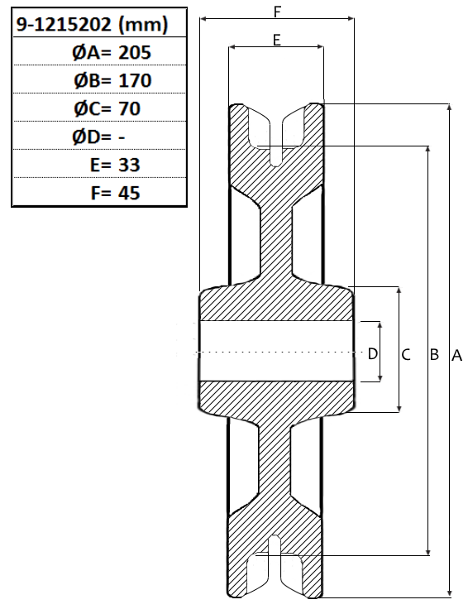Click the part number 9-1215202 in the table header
point(64,25)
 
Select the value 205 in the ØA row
point(135,52)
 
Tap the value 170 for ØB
point(135,80)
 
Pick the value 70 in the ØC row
point(129,108)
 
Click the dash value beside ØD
point(122,137)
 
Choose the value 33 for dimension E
point(129,165)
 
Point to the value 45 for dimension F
point(129,193)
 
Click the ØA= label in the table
point(92,52)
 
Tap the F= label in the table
point(101,193)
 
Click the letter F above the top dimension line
point(277,12)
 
